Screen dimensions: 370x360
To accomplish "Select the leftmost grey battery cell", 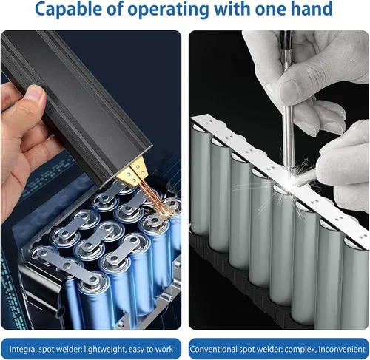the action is click(201, 180).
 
